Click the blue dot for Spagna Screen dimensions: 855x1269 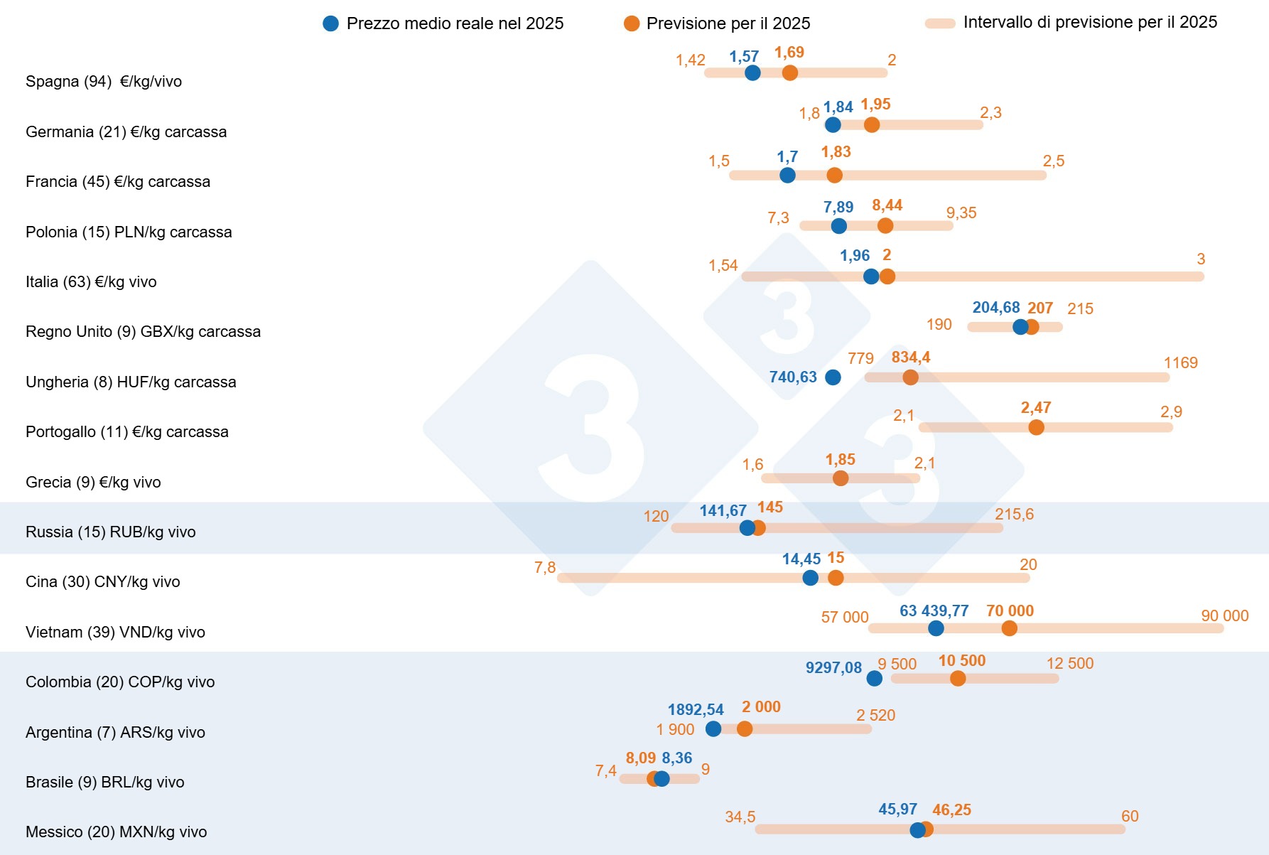click(752, 72)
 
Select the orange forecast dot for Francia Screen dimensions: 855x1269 click(834, 175)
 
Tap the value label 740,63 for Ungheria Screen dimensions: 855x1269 click(793, 377)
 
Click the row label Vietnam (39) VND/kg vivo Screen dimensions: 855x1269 click(115, 632)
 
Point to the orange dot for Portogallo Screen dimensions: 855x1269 click(1036, 427)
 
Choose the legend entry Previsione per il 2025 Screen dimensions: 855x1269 click(728, 23)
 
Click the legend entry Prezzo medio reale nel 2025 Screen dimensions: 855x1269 click(455, 23)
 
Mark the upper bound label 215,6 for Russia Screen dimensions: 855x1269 click(1014, 515)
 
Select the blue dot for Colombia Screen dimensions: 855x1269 click(875, 678)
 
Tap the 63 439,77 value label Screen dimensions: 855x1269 click(934, 611)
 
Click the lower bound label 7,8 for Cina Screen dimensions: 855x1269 click(545, 567)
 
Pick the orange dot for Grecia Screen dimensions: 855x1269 click(841, 478)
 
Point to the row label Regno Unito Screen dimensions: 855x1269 click(143, 331)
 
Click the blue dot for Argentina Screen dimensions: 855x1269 click(713, 728)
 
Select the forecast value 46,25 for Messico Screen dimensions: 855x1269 click(951, 810)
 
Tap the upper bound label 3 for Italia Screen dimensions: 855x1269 click(1201, 259)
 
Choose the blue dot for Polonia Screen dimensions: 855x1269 click(838, 226)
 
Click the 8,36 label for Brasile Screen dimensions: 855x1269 click(676, 758)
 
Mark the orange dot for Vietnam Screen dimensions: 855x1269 click(1009, 628)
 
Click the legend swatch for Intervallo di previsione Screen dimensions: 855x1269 click(939, 23)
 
